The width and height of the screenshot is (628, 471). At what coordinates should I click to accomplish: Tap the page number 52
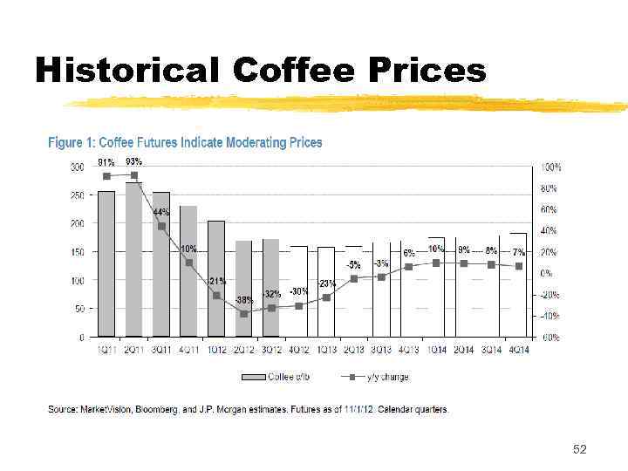[x=579, y=449]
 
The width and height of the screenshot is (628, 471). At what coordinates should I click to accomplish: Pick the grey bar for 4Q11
[x=188, y=271]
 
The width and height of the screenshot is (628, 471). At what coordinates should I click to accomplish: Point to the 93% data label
[x=134, y=161]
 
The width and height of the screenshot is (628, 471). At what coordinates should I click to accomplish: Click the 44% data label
[x=161, y=212]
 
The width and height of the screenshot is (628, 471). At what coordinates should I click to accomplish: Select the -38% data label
[x=244, y=299]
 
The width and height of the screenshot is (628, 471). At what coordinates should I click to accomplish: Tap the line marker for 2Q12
[x=244, y=313]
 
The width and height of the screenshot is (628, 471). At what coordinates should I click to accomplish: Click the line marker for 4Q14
[x=519, y=266]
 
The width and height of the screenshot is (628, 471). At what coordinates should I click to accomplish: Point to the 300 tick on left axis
[x=77, y=167]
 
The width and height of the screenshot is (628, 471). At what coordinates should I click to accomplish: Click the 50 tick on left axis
[x=79, y=309]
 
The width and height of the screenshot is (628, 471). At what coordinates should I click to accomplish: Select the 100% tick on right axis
[x=551, y=167]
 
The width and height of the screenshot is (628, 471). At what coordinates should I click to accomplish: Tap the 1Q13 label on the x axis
[x=325, y=350]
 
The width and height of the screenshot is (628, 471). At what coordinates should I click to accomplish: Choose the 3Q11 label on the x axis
[x=161, y=350]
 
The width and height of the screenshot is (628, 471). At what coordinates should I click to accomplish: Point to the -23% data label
[x=326, y=283]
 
